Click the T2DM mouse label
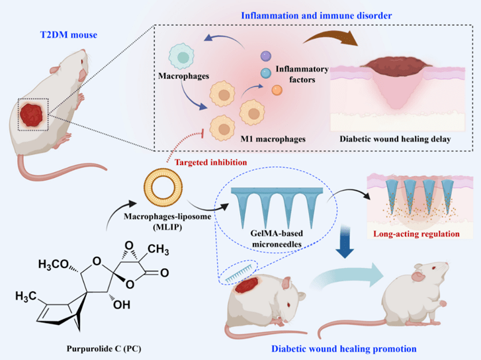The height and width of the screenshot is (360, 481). (x=69, y=34)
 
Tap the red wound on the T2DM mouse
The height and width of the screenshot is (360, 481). (x=31, y=115)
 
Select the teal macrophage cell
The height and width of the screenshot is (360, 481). (x=181, y=56)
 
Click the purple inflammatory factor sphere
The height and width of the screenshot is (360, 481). (x=266, y=56)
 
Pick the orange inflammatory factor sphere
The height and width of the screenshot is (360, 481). (x=277, y=90)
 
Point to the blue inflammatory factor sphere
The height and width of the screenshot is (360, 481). (x=266, y=73)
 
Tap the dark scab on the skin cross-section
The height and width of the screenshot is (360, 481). (x=396, y=66)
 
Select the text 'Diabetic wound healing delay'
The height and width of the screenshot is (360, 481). (x=395, y=139)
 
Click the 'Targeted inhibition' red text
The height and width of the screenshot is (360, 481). (x=211, y=162)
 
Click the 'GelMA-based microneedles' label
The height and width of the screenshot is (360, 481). (x=277, y=238)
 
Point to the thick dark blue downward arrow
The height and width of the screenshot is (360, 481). (x=345, y=242)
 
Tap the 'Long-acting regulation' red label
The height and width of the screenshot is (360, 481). (x=416, y=234)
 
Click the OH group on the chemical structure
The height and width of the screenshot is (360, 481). (x=122, y=305)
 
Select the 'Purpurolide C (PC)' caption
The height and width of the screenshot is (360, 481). (x=104, y=349)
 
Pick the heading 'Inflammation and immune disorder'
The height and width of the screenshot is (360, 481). (x=316, y=16)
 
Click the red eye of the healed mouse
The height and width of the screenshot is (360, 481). (x=433, y=269)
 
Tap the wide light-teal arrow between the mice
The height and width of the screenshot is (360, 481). (x=347, y=275)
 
